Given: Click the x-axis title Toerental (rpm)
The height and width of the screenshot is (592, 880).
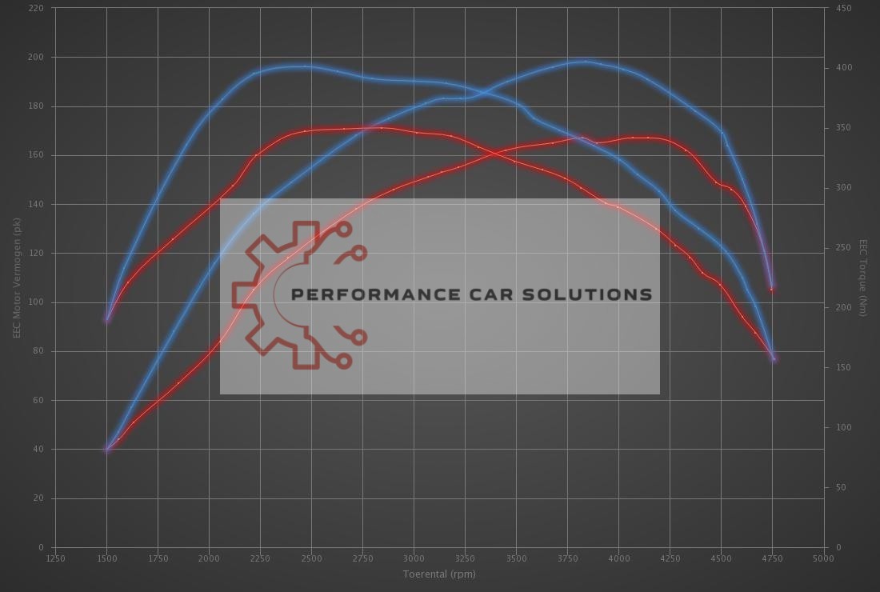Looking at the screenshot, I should tap(439, 574).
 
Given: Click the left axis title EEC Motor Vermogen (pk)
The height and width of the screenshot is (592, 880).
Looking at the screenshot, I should tap(16, 277).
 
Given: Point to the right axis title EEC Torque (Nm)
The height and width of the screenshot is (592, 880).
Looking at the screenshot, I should tap(863, 278).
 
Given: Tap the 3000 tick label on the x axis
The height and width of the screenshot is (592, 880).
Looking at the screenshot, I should tap(414, 558).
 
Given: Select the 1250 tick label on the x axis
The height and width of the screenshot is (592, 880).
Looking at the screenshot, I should tap(55, 558).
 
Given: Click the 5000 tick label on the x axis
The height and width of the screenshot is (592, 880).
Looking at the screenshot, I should tap(823, 558).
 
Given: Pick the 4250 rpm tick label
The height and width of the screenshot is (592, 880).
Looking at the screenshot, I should tap(670, 558).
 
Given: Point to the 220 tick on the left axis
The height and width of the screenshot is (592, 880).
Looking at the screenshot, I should tap(37, 8).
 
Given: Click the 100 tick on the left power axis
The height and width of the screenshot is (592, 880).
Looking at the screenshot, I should tap(37, 302).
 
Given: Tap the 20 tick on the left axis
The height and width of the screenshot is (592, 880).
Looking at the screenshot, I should tap(39, 498).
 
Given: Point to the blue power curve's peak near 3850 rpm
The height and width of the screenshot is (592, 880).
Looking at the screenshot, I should tap(586, 61).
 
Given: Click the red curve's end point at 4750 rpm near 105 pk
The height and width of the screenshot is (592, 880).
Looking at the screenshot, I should tap(772, 289).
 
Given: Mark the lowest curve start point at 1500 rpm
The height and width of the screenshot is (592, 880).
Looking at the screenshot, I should tap(106, 450).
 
